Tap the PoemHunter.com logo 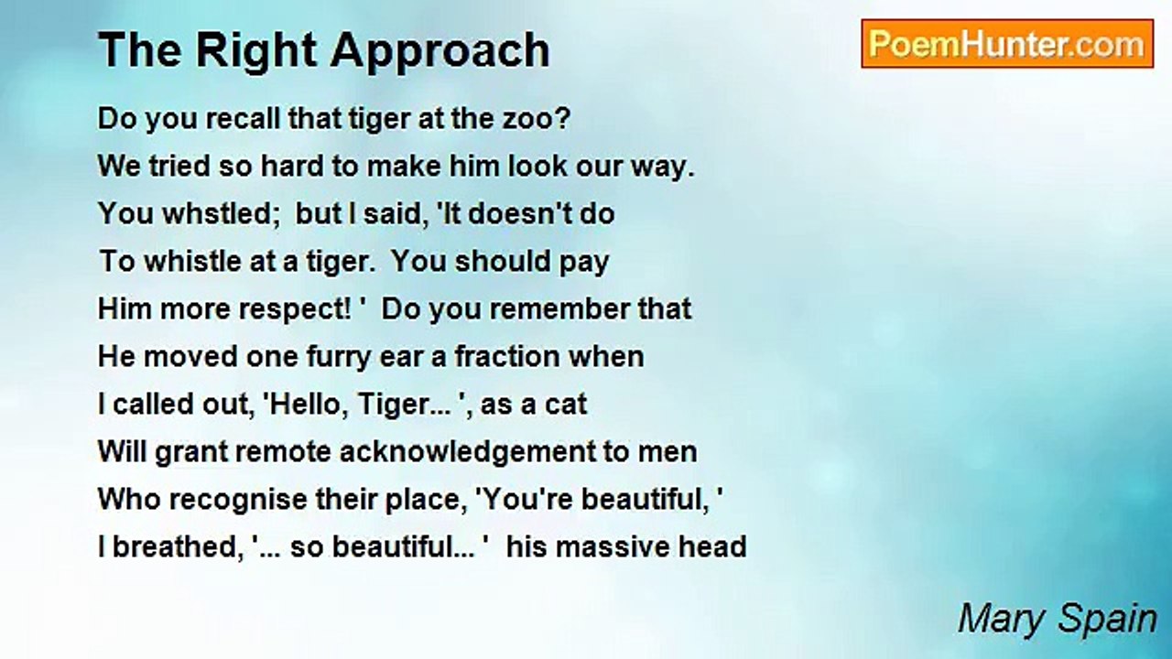point(1006,44)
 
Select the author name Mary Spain point(1058,620)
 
